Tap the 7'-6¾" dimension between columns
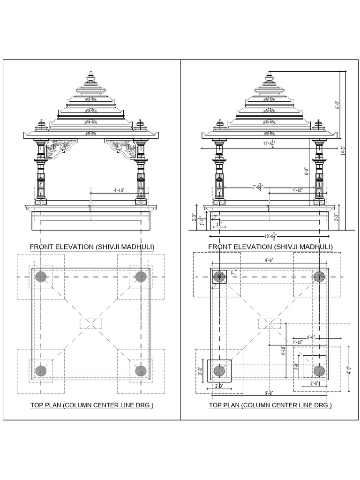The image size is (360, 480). [x=257, y=187]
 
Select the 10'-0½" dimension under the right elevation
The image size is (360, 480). [x=271, y=236]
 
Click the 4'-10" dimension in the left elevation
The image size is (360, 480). [x=119, y=190]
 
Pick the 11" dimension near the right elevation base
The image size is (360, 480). [x=218, y=225]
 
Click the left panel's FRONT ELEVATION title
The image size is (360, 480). [x=92, y=247]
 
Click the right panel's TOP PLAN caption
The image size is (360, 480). [x=270, y=405]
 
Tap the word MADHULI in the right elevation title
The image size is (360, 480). [x=314, y=247]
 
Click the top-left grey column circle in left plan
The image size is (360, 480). [x=41, y=277]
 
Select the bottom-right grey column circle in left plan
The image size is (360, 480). [x=141, y=371]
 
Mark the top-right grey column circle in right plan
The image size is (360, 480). [x=320, y=277]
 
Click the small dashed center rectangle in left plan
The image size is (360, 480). [x=91, y=323]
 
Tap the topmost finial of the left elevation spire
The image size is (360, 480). [x=91, y=74]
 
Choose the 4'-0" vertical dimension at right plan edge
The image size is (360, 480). [x=348, y=370]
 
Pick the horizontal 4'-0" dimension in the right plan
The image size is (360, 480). [x=310, y=336]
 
